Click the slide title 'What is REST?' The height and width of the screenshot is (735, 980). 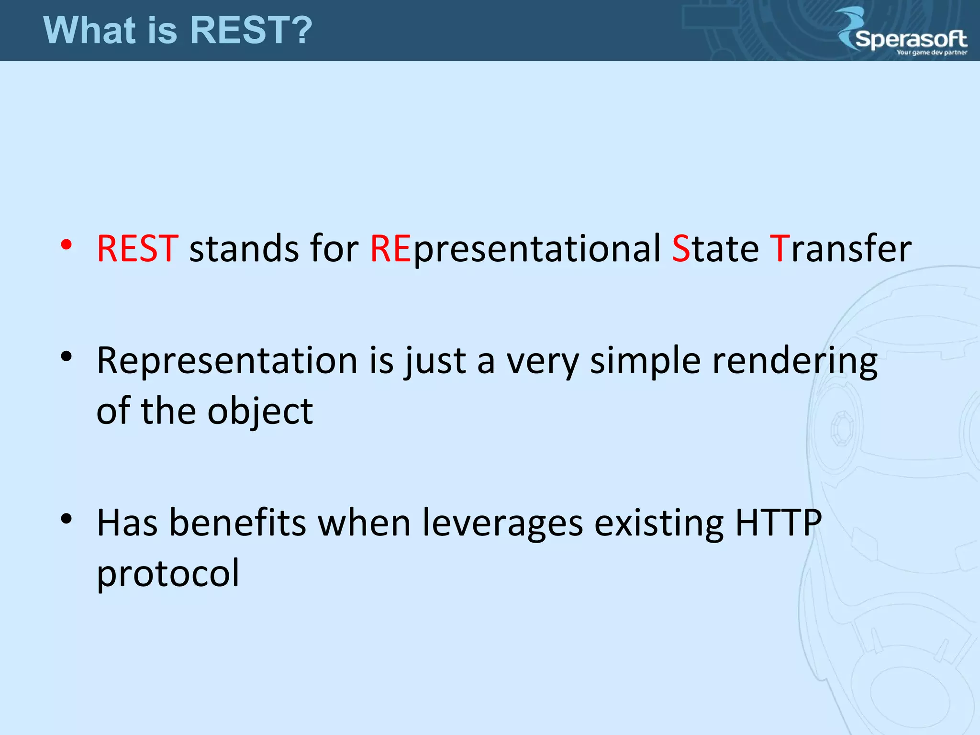(178, 30)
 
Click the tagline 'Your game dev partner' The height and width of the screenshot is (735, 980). (932, 53)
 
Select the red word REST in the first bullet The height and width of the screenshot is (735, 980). (137, 249)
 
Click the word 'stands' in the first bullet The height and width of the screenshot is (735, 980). (244, 249)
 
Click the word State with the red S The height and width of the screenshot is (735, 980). (715, 249)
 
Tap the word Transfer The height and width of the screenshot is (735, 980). (840, 249)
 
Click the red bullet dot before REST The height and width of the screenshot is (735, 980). (67, 245)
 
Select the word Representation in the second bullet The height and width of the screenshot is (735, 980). (227, 361)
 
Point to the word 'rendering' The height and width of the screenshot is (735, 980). (795, 362)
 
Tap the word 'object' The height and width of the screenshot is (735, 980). (260, 412)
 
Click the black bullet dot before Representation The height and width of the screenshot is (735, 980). (67, 356)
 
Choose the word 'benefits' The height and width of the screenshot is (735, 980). (237, 523)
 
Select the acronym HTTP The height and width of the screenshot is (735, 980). (778, 523)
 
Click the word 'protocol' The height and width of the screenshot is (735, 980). (167, 573)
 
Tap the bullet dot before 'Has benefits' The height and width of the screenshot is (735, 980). (67, 519)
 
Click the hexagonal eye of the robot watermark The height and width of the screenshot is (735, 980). (841, 428)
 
